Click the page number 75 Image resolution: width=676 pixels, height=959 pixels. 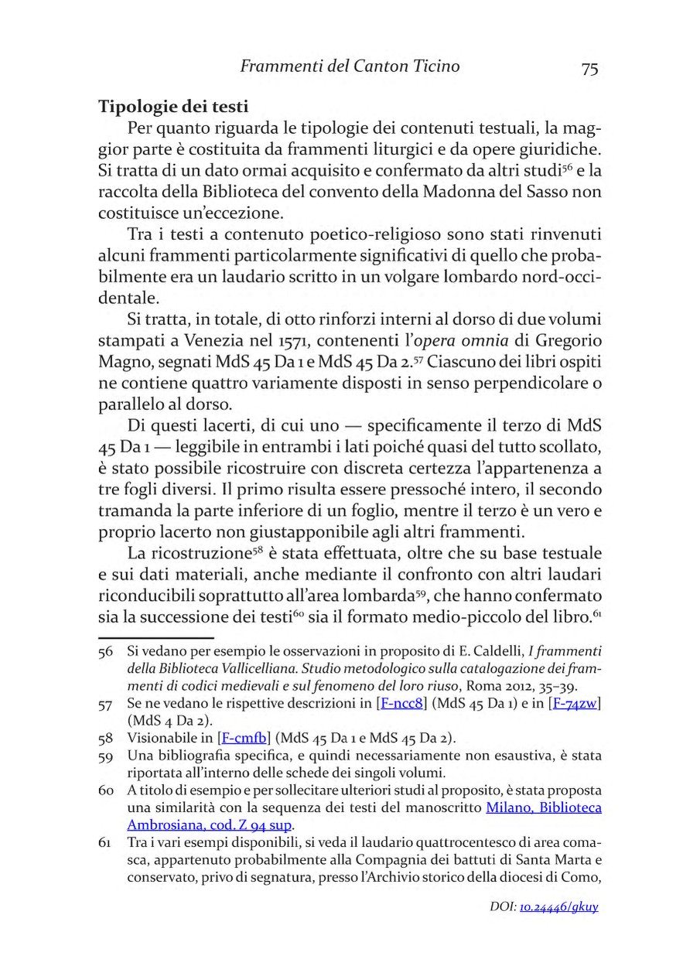(589, 68)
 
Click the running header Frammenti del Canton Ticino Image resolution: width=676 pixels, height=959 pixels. (350, 67)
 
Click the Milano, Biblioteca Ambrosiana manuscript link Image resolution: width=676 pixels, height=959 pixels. (543, 807)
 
